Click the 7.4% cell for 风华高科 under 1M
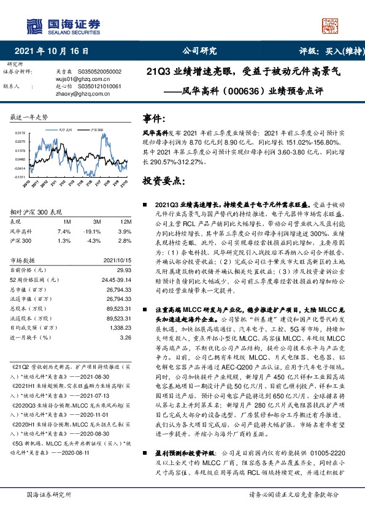point(64,232)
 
